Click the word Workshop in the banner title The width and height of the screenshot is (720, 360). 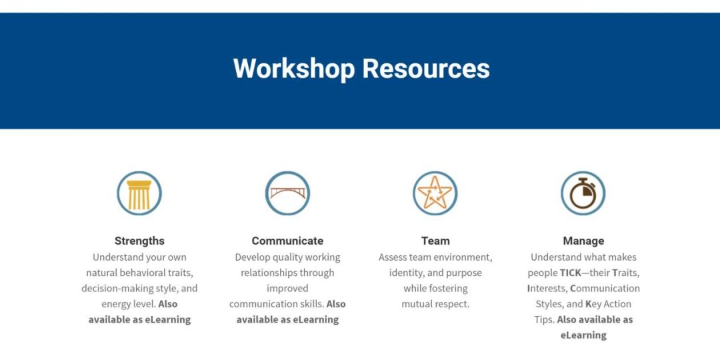click(294, 69)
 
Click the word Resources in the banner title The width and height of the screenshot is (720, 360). click(426, 68)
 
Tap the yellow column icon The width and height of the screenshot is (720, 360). click(139, 193)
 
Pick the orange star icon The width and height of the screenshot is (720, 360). click(435, 193)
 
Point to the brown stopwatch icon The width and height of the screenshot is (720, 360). click(583, 193)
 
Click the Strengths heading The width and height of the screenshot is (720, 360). click(139, 241)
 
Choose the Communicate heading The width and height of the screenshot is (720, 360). click(287, 241)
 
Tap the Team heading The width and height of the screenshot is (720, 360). click(435, 241)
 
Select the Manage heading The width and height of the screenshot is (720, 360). click(583, 241)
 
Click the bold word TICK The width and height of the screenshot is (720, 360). click(571, 273)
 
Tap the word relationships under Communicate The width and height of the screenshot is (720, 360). click(269, 273)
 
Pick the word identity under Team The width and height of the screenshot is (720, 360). click(407, 273)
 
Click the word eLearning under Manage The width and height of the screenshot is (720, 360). click(583, 335)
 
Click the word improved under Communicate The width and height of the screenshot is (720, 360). click(287, 289)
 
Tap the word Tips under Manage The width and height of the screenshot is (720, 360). click(545, 320)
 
